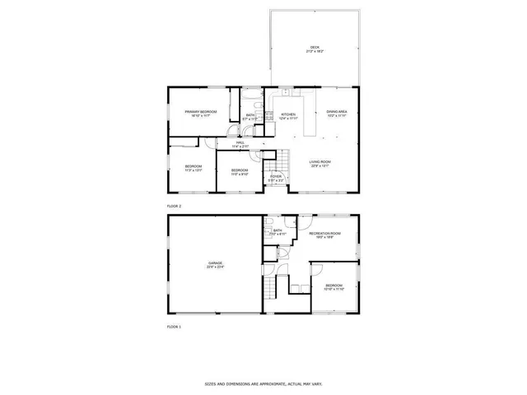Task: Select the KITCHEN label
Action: (288, 116)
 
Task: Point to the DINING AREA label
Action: (337, 113)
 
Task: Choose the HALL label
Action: (240, 144)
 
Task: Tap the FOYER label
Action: (276, 178)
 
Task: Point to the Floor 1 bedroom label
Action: (334, 286)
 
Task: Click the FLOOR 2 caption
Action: (174, 206)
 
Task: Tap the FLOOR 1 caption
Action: (174, 327)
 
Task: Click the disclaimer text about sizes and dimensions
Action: (263, 383)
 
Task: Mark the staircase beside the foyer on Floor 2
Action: (282, 160)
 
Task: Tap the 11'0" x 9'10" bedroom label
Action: (240, 172)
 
